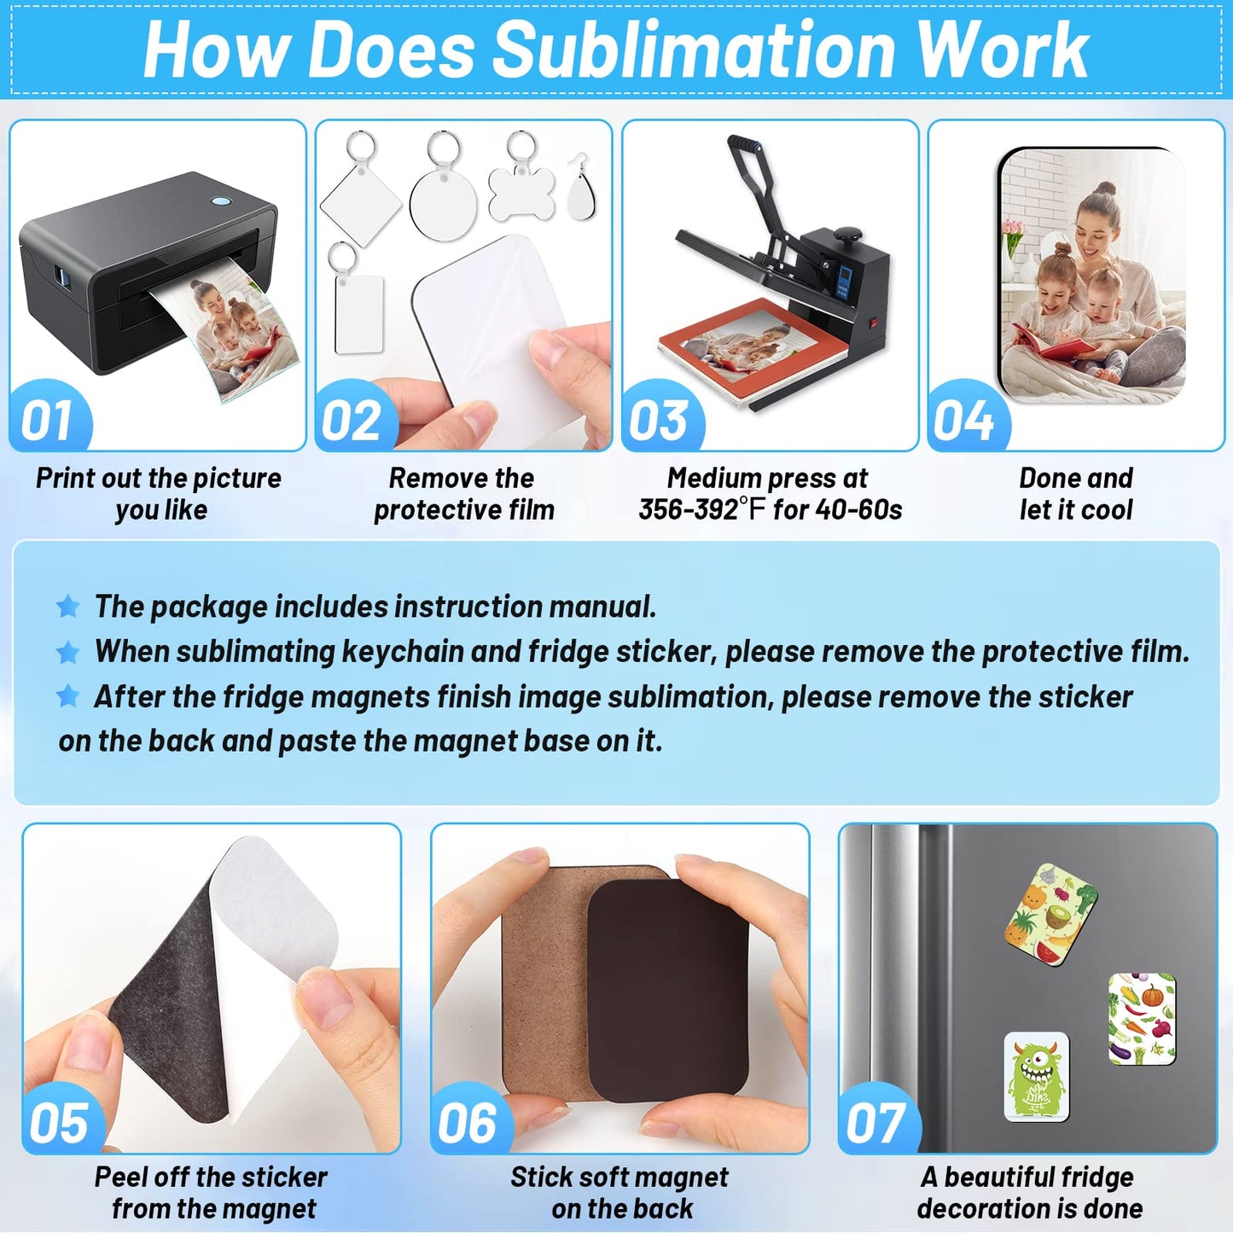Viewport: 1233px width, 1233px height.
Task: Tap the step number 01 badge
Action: [x=47, y=421]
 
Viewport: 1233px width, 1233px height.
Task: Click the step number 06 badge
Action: [x=468, y=1123]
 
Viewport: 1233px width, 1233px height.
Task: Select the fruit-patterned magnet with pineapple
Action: [x=1050, y=914]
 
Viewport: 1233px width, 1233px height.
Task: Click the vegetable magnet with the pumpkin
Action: [x=1142, y=1018]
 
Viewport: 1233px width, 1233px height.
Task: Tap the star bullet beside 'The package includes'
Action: [x=68, y=607]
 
